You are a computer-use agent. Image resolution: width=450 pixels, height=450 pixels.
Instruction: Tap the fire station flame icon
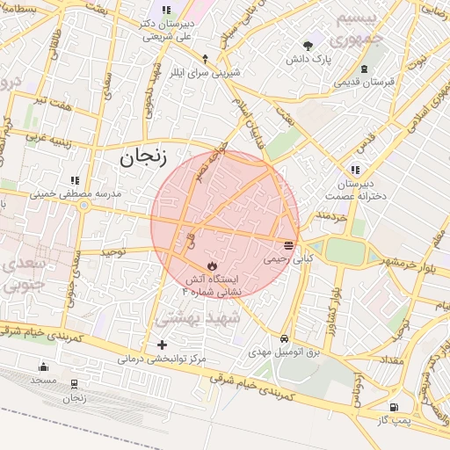click(x=211, y=264)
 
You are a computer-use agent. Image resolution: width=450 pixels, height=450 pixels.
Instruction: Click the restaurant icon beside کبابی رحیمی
click(x=289, y=243)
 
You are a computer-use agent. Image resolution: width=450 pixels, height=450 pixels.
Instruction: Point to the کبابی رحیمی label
click(x=288, y=260)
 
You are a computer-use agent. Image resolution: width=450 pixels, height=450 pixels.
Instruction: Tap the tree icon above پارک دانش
click(x=308, y=45)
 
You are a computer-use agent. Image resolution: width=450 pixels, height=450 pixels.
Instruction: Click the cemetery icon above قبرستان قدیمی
click(x=364, y=69)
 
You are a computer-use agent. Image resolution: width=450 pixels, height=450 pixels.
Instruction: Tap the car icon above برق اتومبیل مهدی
click(x=284, y=338)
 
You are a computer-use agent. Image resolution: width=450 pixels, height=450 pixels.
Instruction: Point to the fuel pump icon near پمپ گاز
click(x=392, y=407)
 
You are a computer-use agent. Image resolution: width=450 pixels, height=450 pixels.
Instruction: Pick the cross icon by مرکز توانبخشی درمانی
click(x=161, y=345)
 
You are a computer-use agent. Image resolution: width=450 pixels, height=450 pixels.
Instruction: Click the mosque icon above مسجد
click(x=43, y=367)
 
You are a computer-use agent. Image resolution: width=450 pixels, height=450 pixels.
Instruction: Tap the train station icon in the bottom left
click(x=74, y=384)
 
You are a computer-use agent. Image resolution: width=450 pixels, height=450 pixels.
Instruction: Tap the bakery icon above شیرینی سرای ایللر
click(x=205, y=59)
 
